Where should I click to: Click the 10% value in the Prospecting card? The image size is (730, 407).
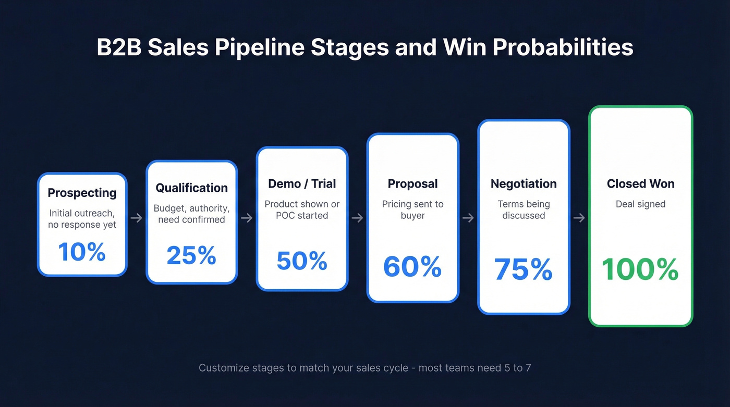(x=82, y=252)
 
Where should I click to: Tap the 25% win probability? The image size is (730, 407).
(x=191, y=255)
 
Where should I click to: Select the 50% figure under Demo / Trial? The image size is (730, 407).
(x=302, y=261)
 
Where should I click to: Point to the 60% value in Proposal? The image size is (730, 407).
(x=412, y=266)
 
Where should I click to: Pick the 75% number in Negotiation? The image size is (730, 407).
(x=524, y=269)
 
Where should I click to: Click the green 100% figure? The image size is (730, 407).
(x=640, y=269)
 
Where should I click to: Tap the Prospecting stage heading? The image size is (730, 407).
(x=82, y=193)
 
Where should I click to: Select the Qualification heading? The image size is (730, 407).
(x=191, y=188)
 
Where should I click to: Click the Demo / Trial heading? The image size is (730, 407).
(x=302, y=183)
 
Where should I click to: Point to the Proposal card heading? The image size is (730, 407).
(x=412, y=183)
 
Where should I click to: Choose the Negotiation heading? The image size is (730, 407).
(x=524, y=183)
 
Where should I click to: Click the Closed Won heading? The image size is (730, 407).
(x=640, y=183)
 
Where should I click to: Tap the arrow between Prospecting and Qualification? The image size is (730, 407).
(x=136, y=218)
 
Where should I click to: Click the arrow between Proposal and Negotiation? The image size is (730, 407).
(x=468, y=218)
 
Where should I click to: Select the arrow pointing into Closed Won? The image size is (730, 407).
(x=579, y=218)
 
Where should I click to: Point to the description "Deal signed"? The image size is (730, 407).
(x=640, y=204)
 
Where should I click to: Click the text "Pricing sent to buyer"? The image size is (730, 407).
(x=412, y=209)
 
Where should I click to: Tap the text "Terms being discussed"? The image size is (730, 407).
(x=524, y=209)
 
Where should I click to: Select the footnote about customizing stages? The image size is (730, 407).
(x=365, y=368)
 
